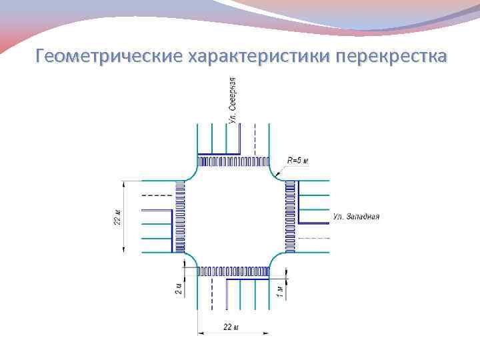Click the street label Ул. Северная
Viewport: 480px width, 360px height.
[231, 100]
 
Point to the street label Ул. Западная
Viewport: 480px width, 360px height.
[356, 217]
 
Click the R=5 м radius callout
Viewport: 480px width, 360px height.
[297, 161]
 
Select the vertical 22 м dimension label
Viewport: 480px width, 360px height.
[117, 217]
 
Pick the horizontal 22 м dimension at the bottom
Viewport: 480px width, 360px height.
[231, 327]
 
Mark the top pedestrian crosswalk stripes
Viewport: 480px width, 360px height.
[233, 161]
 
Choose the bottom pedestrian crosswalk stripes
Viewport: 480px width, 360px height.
[233, 271]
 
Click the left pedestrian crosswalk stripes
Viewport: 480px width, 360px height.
[179, 217]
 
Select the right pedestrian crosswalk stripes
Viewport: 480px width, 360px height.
[289, 217]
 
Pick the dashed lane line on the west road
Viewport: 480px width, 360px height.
[157, 195]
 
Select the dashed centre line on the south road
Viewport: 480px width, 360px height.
[212, 293]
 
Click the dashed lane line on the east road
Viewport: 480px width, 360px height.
[313, 238]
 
